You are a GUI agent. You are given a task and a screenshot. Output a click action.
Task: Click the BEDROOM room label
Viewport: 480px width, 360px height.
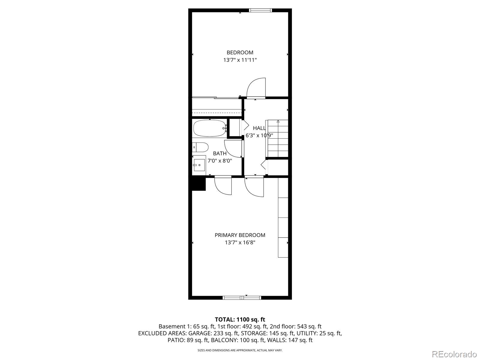pos(240,52)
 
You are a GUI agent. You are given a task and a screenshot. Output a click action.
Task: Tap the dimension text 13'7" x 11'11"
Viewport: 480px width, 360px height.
pos(240,60)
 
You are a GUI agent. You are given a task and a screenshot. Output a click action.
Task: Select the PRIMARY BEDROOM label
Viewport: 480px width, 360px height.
pos(240,235)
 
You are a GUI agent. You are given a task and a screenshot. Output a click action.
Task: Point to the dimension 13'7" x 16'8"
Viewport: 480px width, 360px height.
pos(240,243)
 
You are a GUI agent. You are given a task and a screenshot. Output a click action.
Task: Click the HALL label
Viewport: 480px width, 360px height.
pos(259,128)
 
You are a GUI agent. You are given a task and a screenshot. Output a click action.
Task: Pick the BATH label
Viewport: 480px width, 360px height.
pos(220,154)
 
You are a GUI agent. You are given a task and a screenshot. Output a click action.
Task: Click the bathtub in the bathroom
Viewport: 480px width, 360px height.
pos(209,128)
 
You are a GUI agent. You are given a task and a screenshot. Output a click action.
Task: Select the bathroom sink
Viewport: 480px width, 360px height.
pos(199,165)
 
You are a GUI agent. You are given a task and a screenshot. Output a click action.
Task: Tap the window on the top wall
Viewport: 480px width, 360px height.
pos(260,10)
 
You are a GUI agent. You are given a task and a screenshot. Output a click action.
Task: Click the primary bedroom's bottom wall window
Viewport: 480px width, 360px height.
pos(242,298)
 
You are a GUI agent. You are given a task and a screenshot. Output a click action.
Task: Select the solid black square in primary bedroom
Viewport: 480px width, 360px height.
pos(198,184)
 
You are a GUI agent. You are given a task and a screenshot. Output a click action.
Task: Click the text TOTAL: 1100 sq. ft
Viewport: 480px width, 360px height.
pos(240,319)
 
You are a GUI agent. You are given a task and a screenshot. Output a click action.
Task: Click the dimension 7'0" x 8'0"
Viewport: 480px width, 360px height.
pos(220,161)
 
